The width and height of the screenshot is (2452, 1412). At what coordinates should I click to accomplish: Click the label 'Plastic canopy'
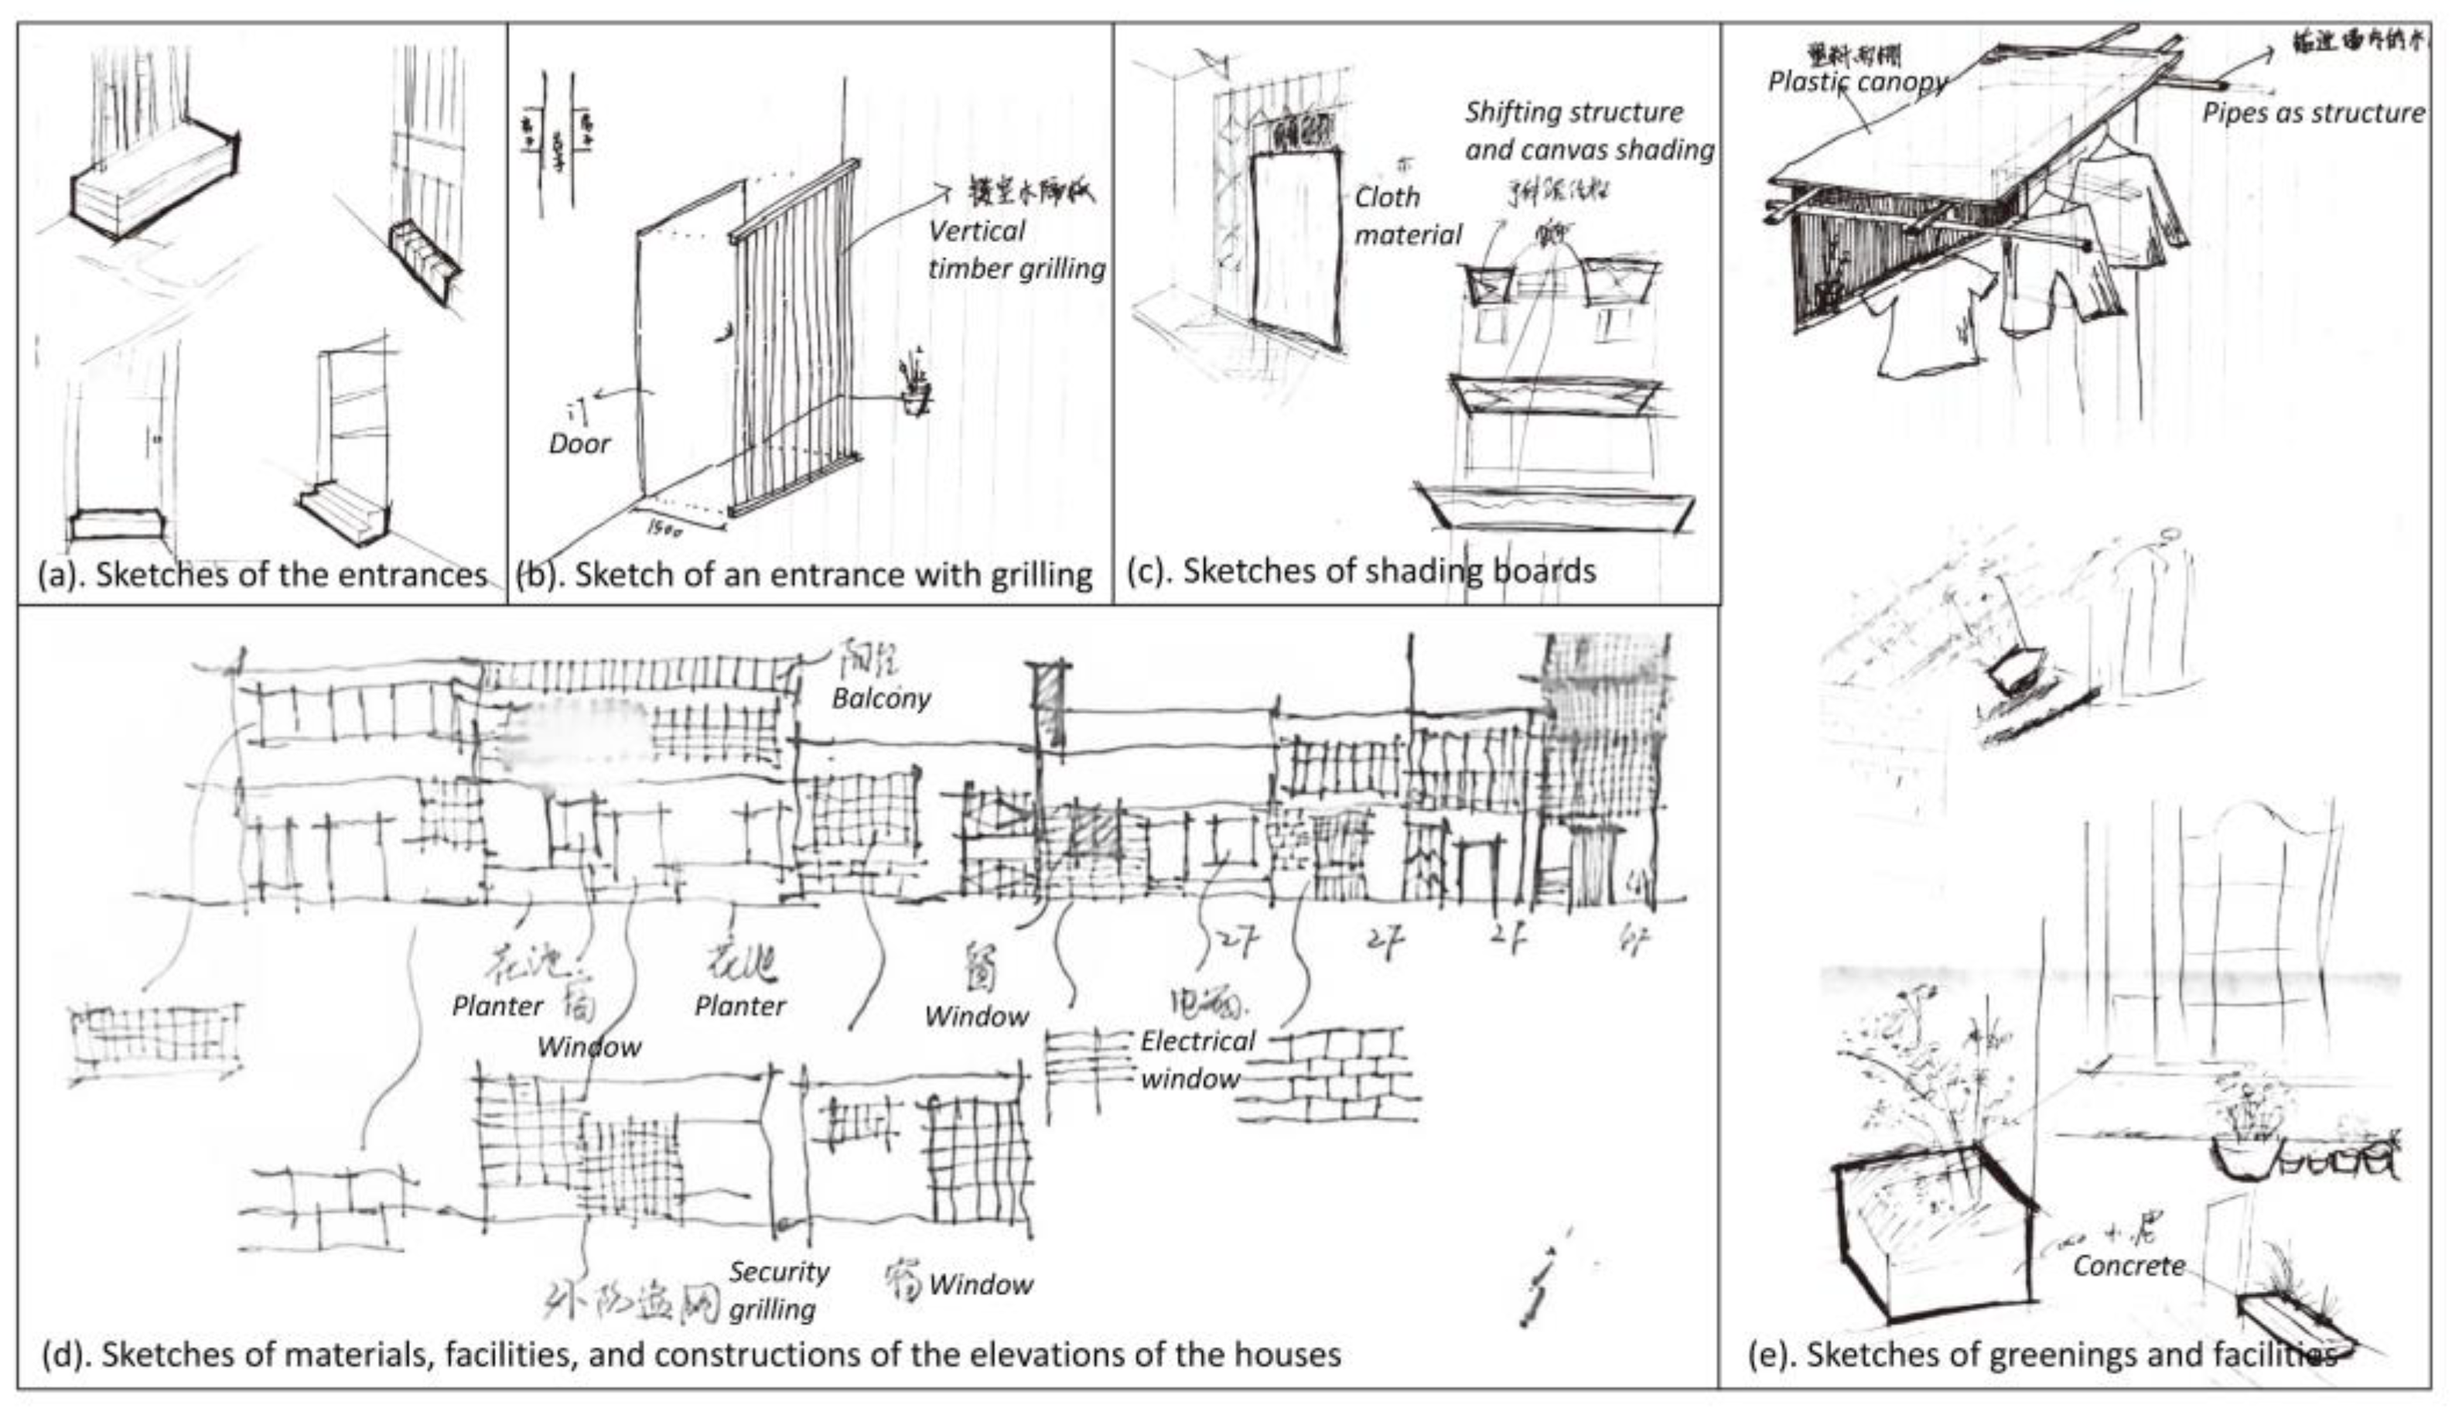point(1856,81)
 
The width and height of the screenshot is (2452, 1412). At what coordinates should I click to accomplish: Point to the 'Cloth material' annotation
point(1406,215)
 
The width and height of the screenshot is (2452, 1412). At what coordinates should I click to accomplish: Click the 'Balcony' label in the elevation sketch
point(880,698)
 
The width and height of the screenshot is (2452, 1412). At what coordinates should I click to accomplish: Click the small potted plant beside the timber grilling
point(914,388)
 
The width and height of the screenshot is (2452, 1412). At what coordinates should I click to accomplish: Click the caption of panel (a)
point(261,574)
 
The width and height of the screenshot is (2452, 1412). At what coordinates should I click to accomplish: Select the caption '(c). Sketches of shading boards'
point(1361,570)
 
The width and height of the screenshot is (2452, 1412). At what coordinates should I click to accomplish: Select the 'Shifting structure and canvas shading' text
point(1588,131)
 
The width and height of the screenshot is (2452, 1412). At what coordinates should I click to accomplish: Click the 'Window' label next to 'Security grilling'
point(979,1284)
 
